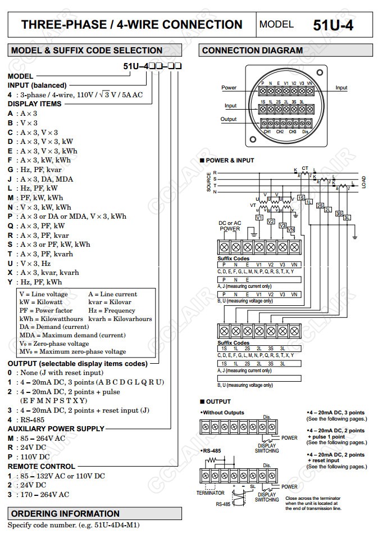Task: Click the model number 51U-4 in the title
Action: (x=333, y=25)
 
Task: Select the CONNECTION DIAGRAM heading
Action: (x=252, y=51)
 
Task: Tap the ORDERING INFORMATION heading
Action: (x=66, y=513)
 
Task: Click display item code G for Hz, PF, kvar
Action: (x=10, y=170)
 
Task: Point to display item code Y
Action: (x=10, y=282)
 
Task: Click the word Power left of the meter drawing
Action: (x=229, y=88)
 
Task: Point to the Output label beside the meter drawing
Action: (x=229, y=119)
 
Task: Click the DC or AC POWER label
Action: (x=230, y=226)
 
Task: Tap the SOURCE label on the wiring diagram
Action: (x=209, y=183)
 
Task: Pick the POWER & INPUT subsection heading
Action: (x=230, y=160)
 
